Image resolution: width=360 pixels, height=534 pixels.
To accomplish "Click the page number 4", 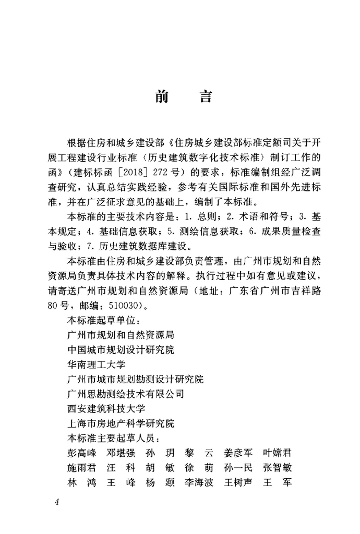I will pos(57,502).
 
